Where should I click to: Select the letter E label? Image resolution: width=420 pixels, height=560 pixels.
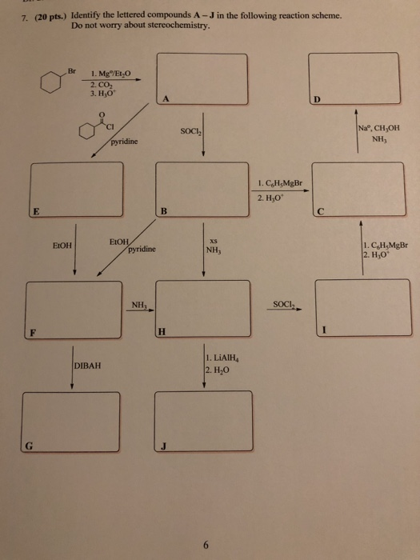tap(35, 211)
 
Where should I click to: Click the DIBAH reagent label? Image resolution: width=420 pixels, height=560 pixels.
tap(88, 366)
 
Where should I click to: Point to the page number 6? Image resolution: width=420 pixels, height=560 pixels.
tap(206, 524)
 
